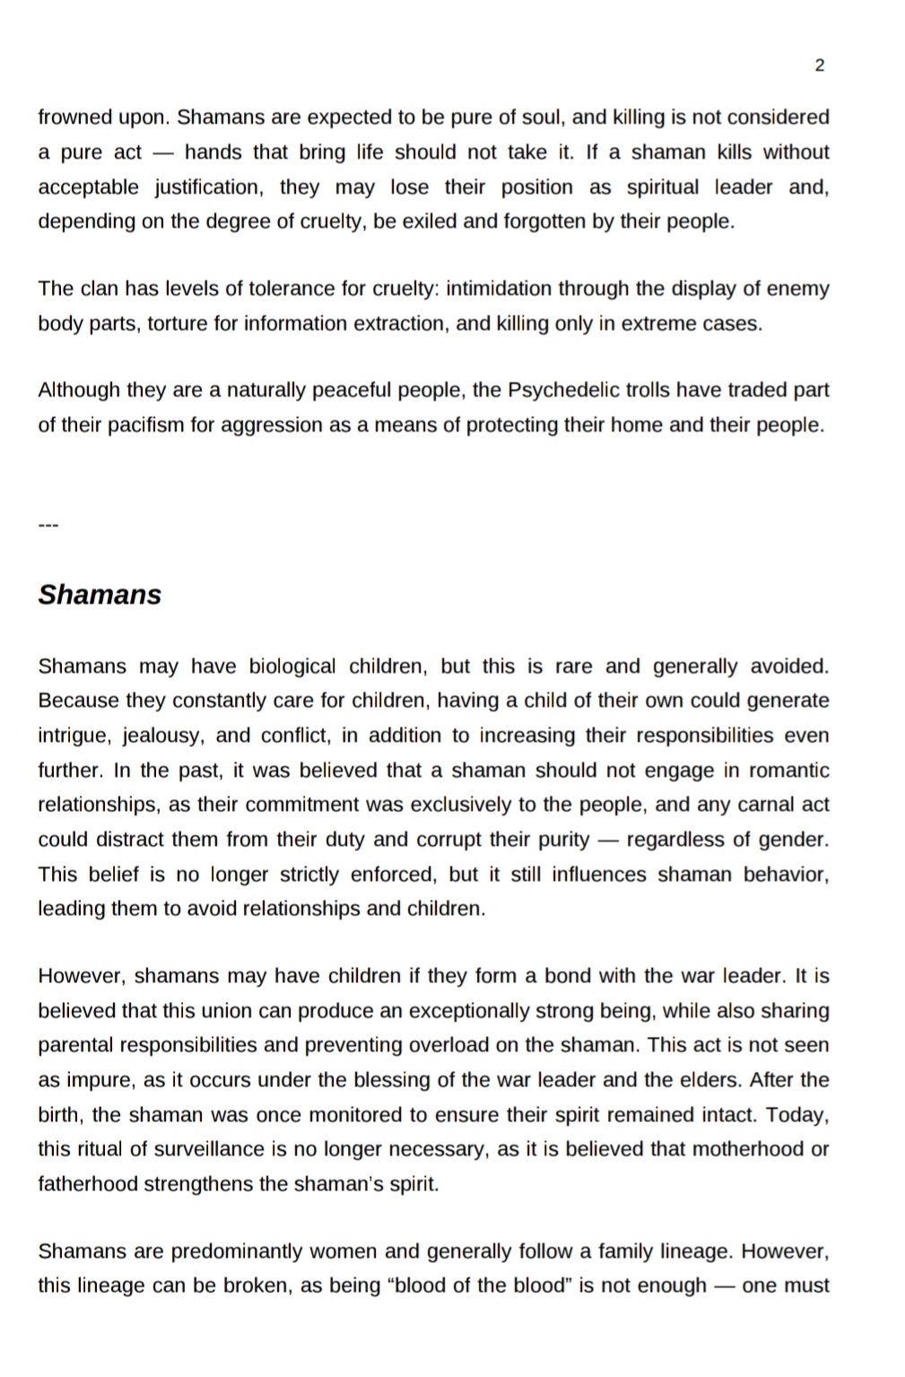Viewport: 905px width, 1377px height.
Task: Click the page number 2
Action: pos(820,65)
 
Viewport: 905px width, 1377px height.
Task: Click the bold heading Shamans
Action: pos(100,595)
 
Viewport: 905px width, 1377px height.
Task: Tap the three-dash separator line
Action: pos(48,526)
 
